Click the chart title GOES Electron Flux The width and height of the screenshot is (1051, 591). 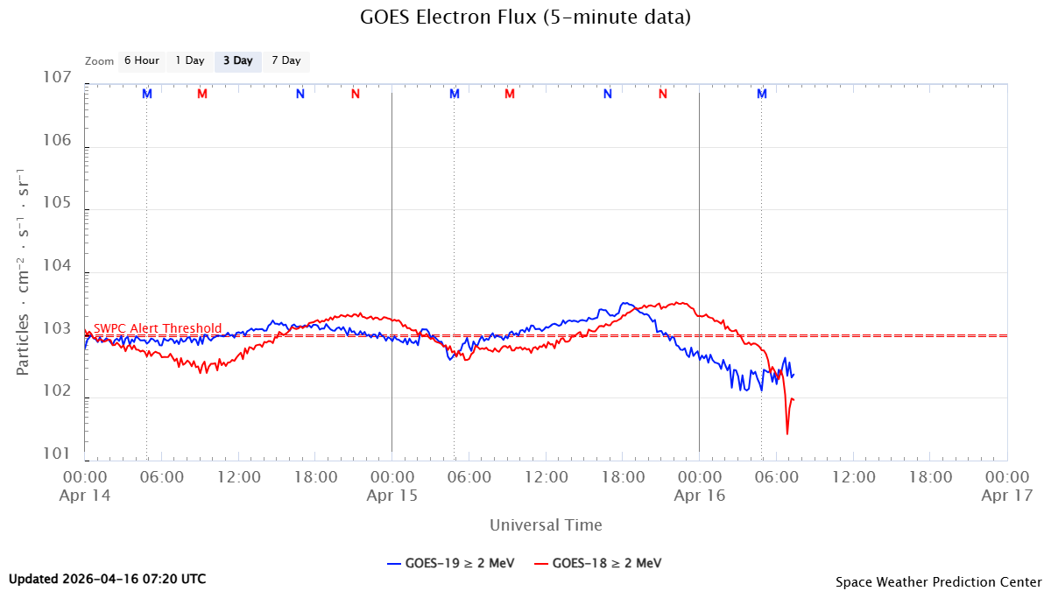(x=525, y=17)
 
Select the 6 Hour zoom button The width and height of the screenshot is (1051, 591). (x=141, y=61)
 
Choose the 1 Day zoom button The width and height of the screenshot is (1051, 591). (x=189, y=61)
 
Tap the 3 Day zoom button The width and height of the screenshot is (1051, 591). (x=237, y=61)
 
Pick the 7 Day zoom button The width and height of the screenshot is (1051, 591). (x=286, y=61)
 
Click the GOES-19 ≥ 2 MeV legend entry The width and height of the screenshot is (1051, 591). (x=448, y=563)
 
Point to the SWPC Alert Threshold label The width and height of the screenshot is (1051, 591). (x=158, y=328)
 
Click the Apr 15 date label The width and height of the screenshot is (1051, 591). (x=391, y=495)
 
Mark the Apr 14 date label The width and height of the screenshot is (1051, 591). (x=86, y=495)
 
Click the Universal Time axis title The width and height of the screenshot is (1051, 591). (x=546, y=525)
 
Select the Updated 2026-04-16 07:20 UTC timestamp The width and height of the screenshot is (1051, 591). (x=108, y=579)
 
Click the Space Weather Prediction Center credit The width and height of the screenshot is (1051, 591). (x=938, y=581)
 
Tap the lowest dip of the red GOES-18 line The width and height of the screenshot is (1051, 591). (x=787, y=433)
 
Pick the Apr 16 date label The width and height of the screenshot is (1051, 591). (x=699, y=495)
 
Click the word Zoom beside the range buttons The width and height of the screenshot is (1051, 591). (x=100, y=61)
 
